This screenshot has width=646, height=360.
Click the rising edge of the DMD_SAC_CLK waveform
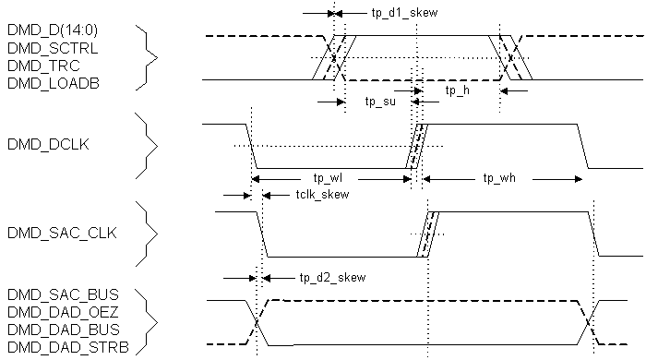point(428,234)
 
